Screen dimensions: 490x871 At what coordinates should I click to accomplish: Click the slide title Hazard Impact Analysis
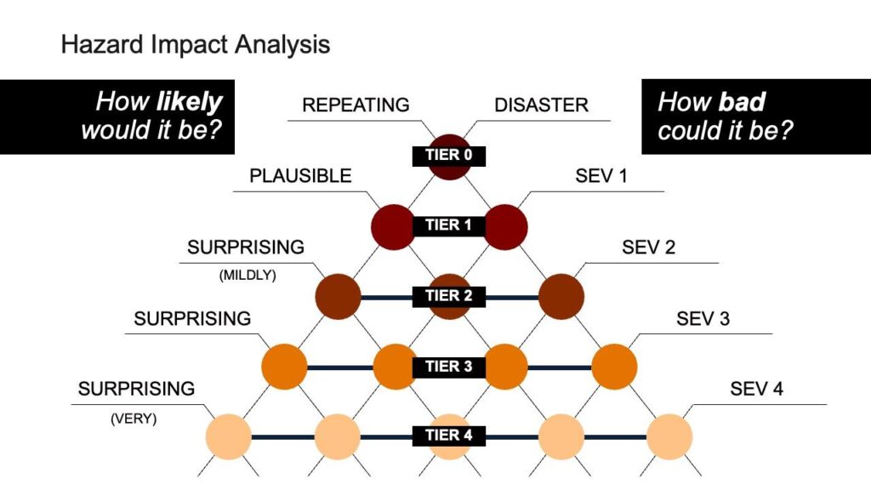[x=195, y=44]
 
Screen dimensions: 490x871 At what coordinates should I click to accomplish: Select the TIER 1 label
[x=448, y=225]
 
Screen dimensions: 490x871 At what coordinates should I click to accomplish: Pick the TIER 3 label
[x=448, y=367]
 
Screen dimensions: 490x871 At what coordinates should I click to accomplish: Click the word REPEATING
[x=356, y=105]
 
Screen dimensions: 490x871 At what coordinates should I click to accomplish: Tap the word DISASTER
[x=542, y=105]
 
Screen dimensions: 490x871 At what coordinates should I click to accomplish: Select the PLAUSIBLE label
[x=300, y=176]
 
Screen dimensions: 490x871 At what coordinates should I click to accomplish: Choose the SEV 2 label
[x=649, y=248]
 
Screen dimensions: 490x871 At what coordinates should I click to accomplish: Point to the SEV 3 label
[x=703, y=319]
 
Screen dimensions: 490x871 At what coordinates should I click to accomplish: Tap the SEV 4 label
[x=756, y=390]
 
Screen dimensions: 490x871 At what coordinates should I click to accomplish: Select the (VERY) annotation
[x=134, y=419]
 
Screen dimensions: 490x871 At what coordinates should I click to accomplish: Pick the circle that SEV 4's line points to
[x=669, y=436]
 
